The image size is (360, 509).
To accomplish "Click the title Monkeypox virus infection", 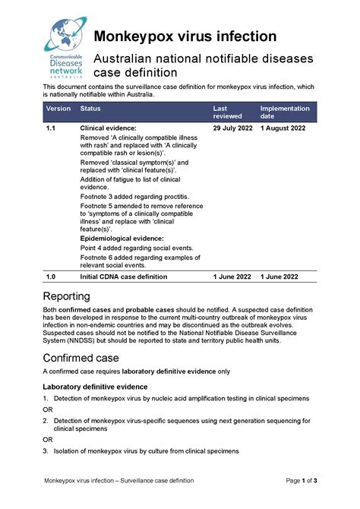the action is click(x=185, y=36).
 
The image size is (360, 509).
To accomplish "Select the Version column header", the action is click(x=58, y=109).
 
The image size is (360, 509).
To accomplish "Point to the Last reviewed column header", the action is click(x=226, y=112).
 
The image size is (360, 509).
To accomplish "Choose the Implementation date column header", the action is click(x=285, y=112).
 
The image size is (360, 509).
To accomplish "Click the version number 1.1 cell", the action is click(x=51, y=128).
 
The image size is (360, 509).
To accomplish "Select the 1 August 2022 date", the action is click(x=283, y=128).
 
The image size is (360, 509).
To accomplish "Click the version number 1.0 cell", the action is click(x=51, y=277).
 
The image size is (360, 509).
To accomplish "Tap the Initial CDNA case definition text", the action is click(x=124, y=277).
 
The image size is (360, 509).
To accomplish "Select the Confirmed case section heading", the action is click(x=82, y=357).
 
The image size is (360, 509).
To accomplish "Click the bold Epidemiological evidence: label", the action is click(x=122, y=239).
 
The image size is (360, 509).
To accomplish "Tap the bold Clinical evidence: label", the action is click(x=109, y=128).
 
